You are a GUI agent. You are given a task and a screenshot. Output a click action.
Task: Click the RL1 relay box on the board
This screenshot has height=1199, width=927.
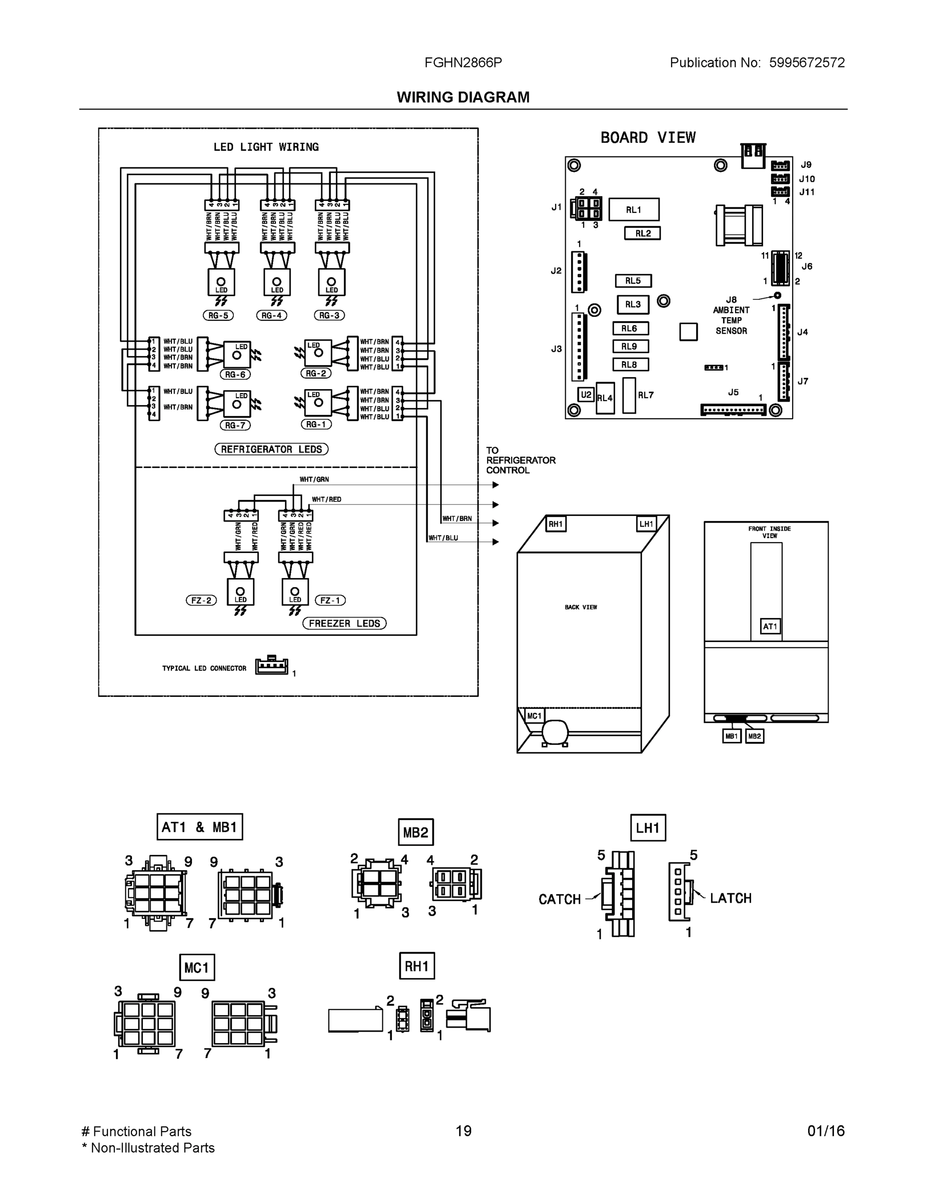634,210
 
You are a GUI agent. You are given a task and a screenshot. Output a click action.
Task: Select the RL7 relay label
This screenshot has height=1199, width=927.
646,395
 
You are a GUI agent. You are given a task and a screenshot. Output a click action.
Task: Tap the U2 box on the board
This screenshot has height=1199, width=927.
586,395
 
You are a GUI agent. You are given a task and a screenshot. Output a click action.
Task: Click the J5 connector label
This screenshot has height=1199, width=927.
733,393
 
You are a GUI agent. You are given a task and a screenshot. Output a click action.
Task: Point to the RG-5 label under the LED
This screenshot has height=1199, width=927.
218,316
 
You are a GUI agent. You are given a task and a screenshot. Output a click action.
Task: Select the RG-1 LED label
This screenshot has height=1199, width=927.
316,424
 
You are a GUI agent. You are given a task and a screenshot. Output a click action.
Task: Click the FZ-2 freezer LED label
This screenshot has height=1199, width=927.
201,600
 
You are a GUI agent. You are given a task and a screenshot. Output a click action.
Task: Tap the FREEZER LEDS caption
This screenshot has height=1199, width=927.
344,623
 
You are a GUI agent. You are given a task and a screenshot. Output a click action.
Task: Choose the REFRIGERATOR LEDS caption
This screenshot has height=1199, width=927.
271,449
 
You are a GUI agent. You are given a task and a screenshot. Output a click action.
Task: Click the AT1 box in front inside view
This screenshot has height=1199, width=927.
770,626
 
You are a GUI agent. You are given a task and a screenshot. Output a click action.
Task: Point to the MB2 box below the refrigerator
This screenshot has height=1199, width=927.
755,736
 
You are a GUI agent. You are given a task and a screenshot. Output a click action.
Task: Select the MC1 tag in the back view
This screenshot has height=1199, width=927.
534,716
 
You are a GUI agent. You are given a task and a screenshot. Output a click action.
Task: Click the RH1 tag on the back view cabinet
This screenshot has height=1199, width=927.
556,524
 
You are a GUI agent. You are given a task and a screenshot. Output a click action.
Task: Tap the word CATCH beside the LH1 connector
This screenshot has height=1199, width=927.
559,899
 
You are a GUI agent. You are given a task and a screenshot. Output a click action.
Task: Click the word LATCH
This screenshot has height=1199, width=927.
731,898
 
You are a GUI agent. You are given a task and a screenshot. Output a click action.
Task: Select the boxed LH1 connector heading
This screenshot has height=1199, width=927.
648,828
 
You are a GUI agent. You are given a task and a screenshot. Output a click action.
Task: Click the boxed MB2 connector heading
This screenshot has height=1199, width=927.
416,833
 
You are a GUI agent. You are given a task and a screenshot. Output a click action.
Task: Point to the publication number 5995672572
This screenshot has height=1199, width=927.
806,62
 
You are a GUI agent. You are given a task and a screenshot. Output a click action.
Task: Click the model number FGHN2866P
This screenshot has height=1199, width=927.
463,62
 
